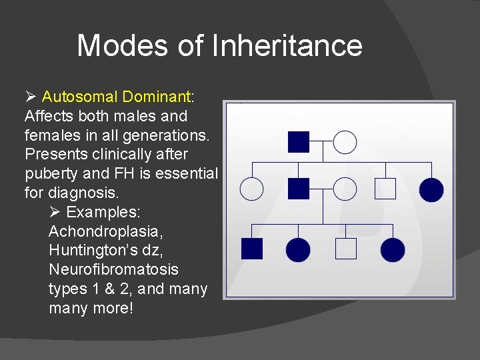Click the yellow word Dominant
tap(160, 97)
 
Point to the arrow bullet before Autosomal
tap(31, 97)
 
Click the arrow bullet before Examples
tap(55, 213)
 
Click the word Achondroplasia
tap(106, 232)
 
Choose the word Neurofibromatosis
tap(113, 270)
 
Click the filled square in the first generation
tap(299, 142)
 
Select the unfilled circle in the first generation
tap(345, 142)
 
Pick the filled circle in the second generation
tap(431, 189)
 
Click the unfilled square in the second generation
tap(385, 189)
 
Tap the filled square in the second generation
tap(299, 189)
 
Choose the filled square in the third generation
tap(252, 249)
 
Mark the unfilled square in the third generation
tap(345, 249)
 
